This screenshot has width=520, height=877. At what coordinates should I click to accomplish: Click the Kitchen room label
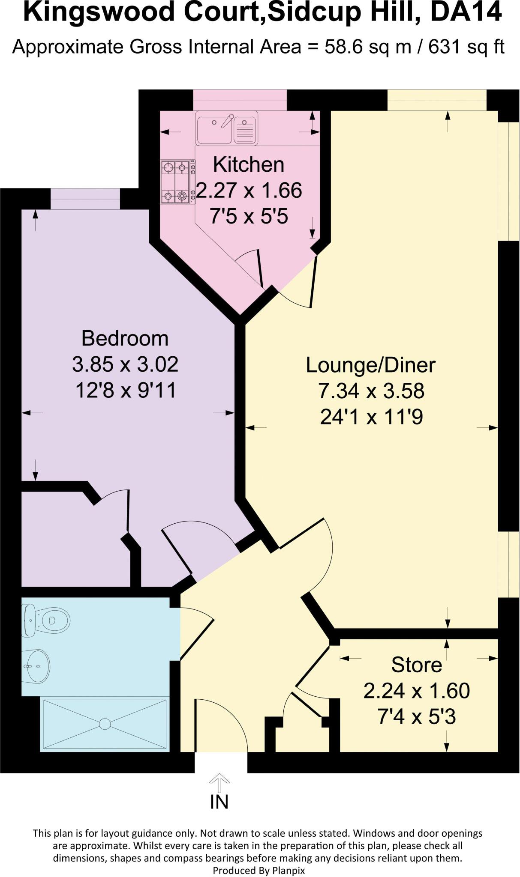point(248,165)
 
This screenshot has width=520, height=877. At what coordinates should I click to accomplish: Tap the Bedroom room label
point(125,338)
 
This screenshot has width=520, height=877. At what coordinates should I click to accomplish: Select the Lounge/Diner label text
point(371,365)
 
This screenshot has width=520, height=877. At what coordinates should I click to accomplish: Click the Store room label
point(416,665)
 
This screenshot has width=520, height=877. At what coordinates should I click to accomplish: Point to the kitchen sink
point(226,128)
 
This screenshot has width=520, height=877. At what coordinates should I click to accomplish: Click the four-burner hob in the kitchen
point(177,182)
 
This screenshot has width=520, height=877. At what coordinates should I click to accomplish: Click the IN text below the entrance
point(219,802)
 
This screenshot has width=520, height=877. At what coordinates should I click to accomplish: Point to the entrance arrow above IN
point(219,782)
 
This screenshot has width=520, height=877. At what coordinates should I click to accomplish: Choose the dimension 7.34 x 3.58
point(371,391)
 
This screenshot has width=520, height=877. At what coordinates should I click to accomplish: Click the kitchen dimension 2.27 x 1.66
point(249,191)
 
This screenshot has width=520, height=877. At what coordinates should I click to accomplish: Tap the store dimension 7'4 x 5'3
point(416,717)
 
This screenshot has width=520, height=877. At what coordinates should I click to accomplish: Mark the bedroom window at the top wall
point(85,199)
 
